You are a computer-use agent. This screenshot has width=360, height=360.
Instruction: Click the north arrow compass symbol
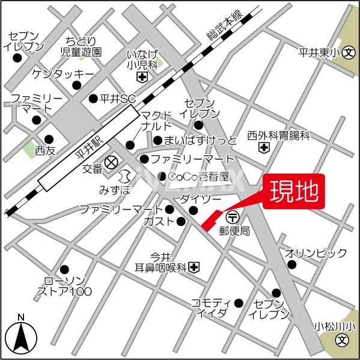[21, 337]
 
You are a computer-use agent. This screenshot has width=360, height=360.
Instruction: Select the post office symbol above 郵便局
[232, 216]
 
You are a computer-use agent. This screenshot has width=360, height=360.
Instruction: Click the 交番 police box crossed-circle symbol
[111, 162]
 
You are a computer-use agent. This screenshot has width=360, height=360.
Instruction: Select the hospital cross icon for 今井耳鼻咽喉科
[194, 267]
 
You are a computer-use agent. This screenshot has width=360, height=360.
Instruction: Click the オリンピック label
[316, 252]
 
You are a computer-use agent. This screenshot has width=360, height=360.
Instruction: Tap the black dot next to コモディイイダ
[239, 302]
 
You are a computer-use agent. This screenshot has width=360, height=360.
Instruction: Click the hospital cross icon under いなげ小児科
[142, 77]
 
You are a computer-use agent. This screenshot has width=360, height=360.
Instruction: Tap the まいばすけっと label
[195, 141]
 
